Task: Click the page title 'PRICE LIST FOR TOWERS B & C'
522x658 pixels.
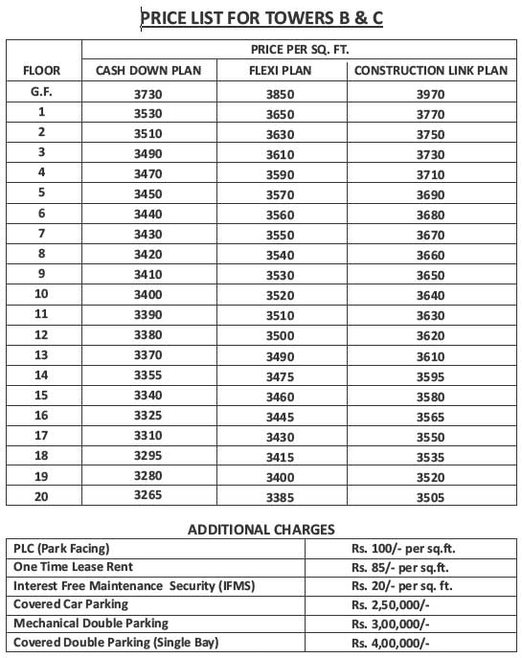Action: [261, 17]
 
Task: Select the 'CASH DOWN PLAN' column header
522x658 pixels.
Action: [148, 71]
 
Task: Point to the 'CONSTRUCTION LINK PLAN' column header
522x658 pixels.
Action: [430, 71]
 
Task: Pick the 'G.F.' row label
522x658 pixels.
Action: [41, 92]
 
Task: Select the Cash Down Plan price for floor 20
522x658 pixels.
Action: [148, 495]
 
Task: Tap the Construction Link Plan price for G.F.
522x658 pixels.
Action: [431, 94]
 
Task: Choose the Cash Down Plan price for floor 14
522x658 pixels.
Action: [148, 375]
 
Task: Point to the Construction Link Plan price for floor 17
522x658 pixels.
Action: [431, 436]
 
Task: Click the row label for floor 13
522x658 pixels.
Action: [41, 354]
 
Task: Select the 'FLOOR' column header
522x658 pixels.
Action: [41, 71]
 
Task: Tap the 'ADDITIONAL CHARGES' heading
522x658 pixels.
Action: [261, 529]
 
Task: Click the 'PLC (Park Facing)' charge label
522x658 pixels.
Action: [61, 549]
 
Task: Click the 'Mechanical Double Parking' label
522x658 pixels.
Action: [85, 623]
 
